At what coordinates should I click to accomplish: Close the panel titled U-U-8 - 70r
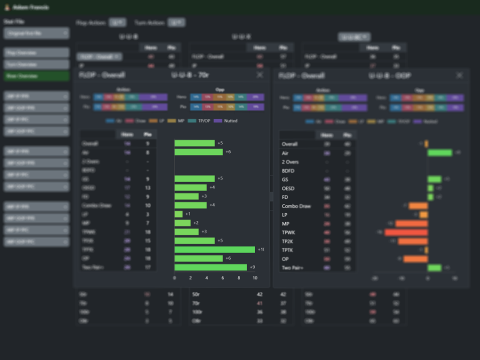click(x=259, y=75)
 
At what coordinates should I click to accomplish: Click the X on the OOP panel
click(x=459, y=75)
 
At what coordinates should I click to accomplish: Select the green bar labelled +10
click(x=214, y=249)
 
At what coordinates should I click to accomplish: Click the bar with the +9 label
click(x=210, y=267)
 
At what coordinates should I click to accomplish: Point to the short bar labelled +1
click(x=178, y=214)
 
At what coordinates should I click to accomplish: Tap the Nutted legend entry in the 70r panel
click(x=228, y=121)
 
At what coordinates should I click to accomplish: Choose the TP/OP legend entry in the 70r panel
click(x=201, y=121)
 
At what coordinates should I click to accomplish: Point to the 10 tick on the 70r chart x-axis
click(x=255, y=278)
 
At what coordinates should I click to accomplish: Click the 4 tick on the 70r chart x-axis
click(x=206, y=278)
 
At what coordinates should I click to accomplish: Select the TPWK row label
click(x=288, y=232)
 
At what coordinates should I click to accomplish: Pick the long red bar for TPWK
click(x=406, y=232)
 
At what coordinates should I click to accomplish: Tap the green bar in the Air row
click(x=439, y=153)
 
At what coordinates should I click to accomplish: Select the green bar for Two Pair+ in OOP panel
click(x=434, y=268)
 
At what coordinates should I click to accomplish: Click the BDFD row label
click(x=289, y=170)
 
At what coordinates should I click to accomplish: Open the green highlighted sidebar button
click(x=36, y=76)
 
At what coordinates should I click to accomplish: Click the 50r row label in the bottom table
click(x=196, y=294)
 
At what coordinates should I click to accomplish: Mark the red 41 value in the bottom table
click(x=259, y=303)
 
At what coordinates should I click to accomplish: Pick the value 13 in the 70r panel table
click(x=147, y=187)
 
